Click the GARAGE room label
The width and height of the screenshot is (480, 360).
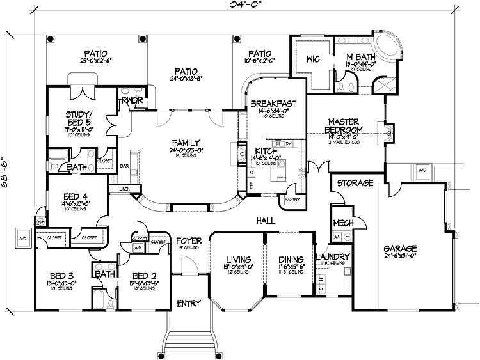pos(400,248)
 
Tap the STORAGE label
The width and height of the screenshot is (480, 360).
pos(356,183)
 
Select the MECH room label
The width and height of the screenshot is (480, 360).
pos(340,223)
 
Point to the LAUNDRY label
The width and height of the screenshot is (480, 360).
pos(333,257)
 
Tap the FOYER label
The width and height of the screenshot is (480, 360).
pos(189,241)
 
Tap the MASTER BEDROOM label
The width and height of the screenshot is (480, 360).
pos(346,125)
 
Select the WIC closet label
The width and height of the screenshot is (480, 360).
pos(312,59)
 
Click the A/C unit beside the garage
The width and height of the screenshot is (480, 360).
pos(422,171)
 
